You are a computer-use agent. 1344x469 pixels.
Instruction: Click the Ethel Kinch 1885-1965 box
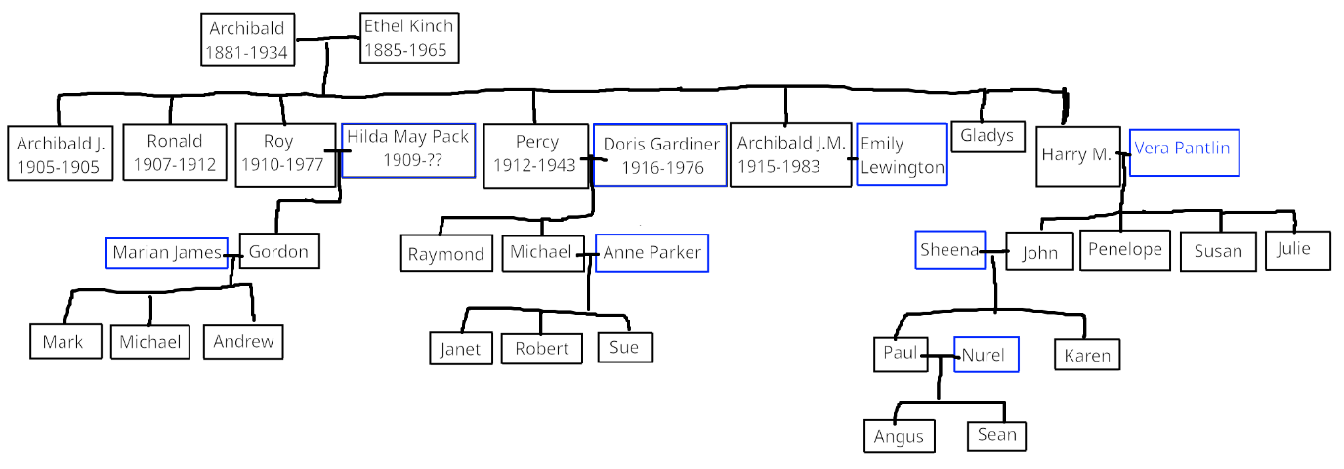pyautogui.click(x=407, y=38)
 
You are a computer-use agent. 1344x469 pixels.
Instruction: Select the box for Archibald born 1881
pyautogui.click(x=247, y=41)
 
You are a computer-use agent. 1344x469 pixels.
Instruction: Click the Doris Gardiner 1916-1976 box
pyautogui.click(x=660, y=154)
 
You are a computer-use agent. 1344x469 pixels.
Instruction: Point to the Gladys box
pyautogui.click(x=987, y=137)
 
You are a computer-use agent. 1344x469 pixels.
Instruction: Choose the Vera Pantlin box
pyautogui.click(x=1184, y=151)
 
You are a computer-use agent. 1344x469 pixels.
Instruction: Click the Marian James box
pyautogui.click(x=167, y=253)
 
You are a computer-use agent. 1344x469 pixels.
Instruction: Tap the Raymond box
pyautogui.click(x=446, y=254)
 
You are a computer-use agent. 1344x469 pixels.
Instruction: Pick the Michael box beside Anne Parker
pyautogui.click(x=541, y=252)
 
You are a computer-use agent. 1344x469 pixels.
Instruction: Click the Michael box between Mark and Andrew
pyautogui.click(x=149, y=342)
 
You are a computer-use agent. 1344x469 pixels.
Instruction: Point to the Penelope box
pyautogui.click(x=1125, y=250)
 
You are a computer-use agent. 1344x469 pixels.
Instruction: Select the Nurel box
pyautogui.click(x=986, y=355)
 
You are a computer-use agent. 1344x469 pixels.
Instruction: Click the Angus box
pyautogui.click(x=899, y=436)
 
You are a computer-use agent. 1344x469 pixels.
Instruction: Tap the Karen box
pyautogui.click(x=1087, y=355)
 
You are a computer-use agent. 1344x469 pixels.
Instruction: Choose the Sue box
pyautogui.click(x=625, y=347)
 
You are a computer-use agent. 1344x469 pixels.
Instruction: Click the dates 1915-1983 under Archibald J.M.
pyautogui.click(x=790, y=166)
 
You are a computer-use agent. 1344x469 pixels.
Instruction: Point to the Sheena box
pyautogui.click(x=949, y=250)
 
